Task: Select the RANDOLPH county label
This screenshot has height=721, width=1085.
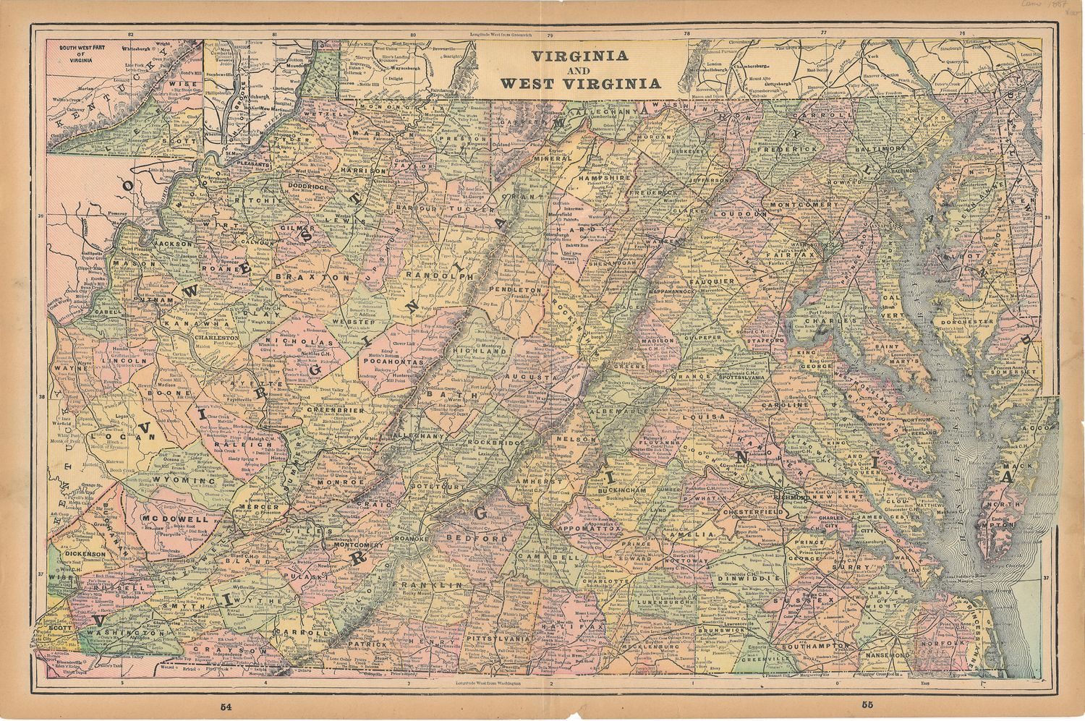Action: (439, 276)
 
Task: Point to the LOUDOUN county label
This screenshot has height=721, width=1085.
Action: (739, 214)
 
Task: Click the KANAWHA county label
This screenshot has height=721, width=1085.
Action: (187, 323)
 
